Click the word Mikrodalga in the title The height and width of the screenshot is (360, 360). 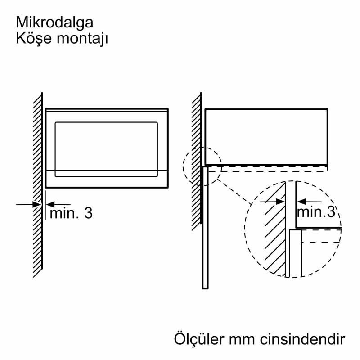coord(54,22)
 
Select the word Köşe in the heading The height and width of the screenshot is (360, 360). coord(33,38)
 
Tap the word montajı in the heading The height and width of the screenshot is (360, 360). coord(82,39)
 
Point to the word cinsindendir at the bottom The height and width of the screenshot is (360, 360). coord(302,339)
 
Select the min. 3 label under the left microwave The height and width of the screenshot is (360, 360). coord(71,213)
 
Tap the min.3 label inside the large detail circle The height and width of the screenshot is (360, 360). coord(316,211)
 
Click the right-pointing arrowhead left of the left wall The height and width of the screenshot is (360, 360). coord(37,204)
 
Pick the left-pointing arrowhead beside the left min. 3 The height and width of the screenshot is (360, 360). coord(50,204)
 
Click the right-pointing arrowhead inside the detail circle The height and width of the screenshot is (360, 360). coord(280,202)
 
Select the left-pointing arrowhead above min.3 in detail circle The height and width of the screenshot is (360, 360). coord(301,202)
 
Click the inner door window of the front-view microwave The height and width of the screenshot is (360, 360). coord(106,149)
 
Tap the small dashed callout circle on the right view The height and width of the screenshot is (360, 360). coord(202,166)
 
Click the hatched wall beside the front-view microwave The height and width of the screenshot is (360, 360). coord(38,185)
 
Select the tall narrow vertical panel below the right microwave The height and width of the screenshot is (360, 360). coord(205,227)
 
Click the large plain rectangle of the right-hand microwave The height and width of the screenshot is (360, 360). coord(266,137)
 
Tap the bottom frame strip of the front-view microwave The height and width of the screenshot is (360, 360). coord(107,179)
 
